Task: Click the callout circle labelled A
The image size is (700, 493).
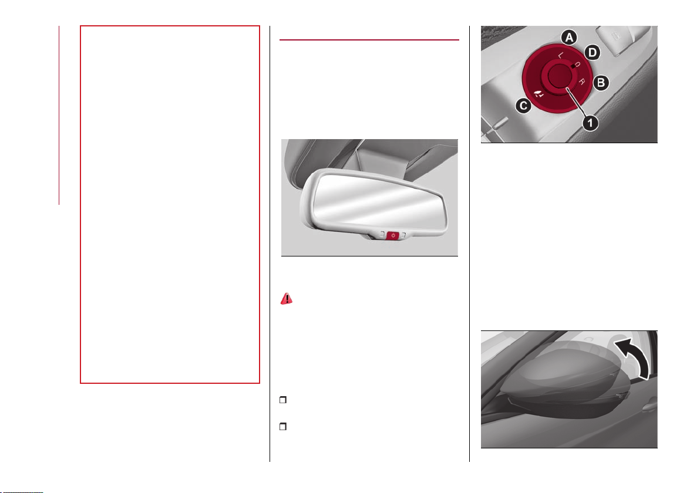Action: click(568, 38)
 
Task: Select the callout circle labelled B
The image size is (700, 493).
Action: click(601, 83)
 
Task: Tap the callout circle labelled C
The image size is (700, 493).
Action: click(523, 106)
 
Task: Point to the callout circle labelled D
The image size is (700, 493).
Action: click(593, 53)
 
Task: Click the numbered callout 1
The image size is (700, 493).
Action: click(590, 122)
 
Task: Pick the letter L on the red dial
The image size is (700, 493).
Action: click(561, 55)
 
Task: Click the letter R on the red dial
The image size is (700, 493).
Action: click(582, 81)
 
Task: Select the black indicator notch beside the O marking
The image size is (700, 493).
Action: click(573, 66)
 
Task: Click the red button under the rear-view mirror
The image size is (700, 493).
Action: click(393, 235)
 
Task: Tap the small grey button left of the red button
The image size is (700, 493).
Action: click(382, 234)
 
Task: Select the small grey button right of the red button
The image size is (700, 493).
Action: click(403, 235)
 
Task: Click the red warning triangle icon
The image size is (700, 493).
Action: click(287, 299)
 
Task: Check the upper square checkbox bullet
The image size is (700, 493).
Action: click(282, 400)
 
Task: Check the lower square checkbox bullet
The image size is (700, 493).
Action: click(282, 427)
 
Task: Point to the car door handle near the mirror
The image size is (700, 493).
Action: click(649, 406)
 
